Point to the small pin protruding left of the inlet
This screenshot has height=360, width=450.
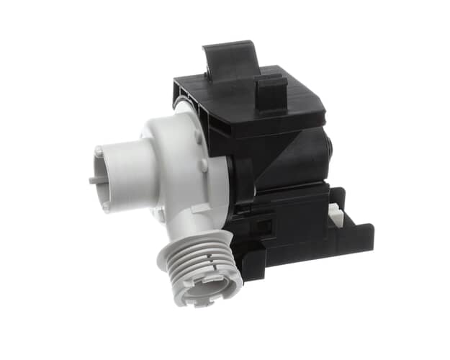click(94, 181)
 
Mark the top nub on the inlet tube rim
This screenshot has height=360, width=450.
click(99, 151)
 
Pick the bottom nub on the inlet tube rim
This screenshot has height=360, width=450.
click(107, 206)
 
